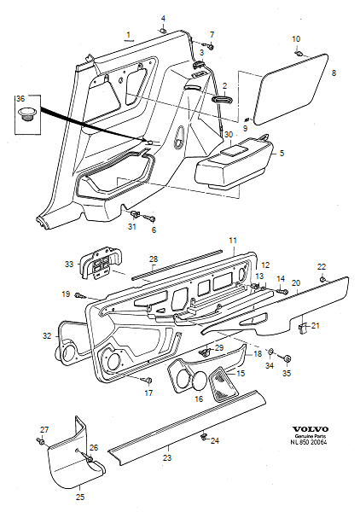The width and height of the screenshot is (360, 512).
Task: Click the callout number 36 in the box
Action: (x=21, y=100)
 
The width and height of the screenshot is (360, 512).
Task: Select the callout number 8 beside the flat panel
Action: (x=334, y=75)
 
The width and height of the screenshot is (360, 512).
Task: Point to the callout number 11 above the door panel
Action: (x=232, y=241)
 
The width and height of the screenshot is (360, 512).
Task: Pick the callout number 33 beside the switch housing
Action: (x=70, y=265)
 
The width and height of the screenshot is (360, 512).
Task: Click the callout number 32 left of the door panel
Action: (x=47, y=337)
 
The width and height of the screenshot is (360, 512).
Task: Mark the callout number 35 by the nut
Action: (x=287, y=373)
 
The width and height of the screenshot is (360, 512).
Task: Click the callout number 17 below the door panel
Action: (x=148, y=393)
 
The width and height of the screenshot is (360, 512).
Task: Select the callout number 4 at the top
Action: (x=163, y=18)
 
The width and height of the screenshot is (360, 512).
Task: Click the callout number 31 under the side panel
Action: (x=132, y=227)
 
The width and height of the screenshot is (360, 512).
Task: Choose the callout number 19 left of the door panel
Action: (x=66, y=294)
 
